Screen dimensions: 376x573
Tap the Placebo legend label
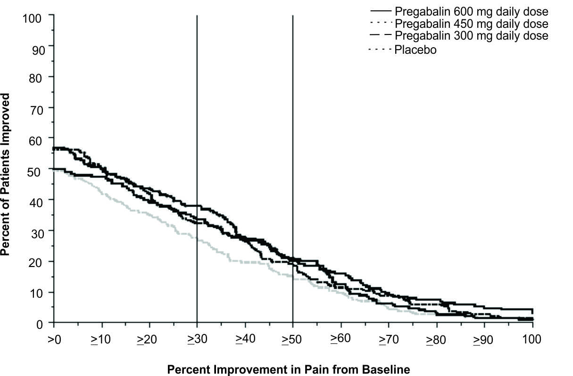[415, 50]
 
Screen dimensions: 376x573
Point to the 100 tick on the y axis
[33, 18]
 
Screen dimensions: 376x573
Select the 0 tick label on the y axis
[40, 323]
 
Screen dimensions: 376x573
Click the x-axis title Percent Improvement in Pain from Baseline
[289, 369]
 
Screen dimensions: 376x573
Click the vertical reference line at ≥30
[197, 94]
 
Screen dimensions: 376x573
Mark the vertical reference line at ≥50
[293, 94]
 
